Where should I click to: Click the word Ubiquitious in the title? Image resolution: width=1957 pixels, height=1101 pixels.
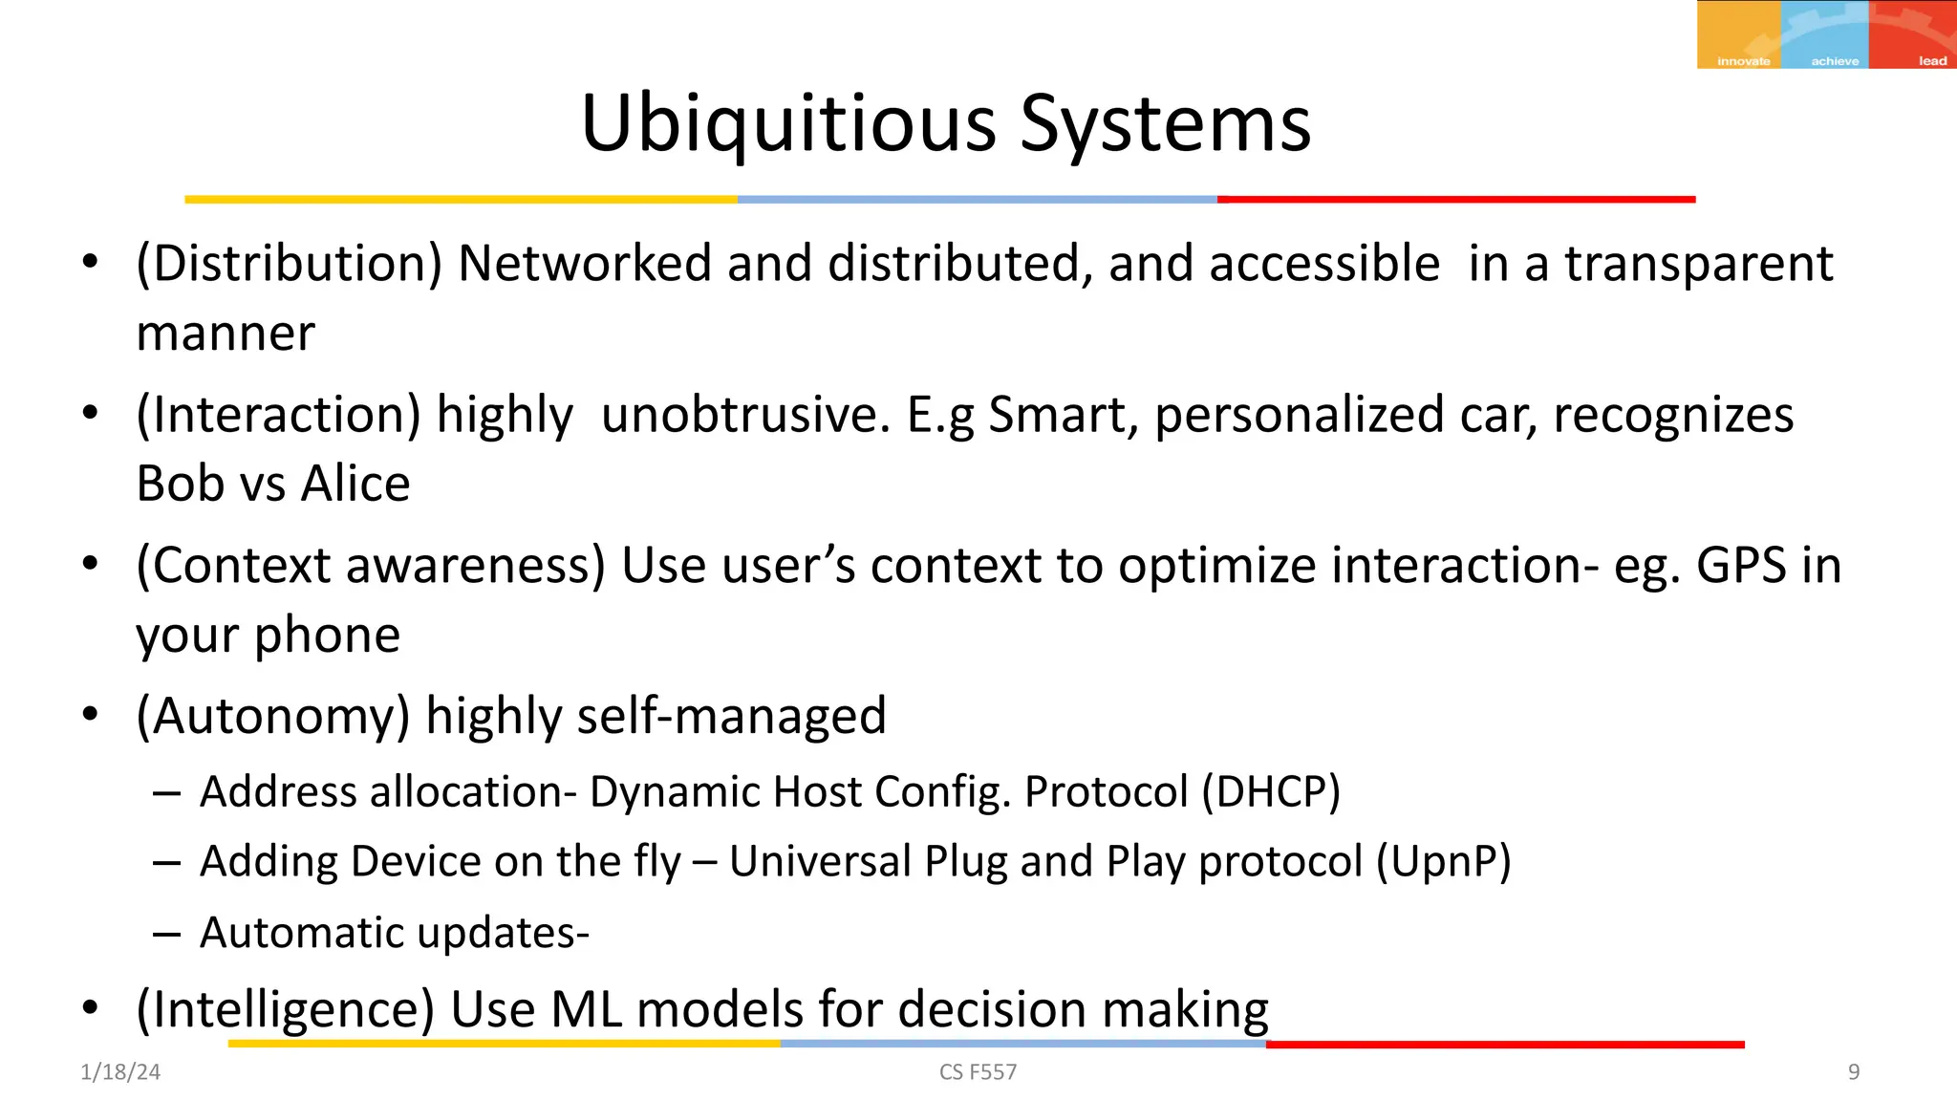tap(789, 124)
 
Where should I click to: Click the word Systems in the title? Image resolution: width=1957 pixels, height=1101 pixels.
tap(1165, 124)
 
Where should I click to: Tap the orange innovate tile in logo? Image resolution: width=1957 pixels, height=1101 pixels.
tap(1738, 34)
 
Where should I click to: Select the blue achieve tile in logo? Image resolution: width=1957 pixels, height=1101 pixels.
tap(1824, 34)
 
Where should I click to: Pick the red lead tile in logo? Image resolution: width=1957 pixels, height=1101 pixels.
tap(1913, 34)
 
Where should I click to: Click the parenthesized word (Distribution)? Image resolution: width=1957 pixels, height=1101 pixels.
tap(290, 264)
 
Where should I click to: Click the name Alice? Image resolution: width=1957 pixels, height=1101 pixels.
tap(355, 484)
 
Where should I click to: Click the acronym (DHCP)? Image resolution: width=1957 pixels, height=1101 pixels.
tap(1271, 791)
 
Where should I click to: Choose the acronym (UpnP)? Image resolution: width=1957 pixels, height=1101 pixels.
tap(1443, 861)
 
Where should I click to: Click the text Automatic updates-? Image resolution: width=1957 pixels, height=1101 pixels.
tap(394, 933)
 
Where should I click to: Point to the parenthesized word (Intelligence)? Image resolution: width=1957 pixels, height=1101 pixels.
tap(286, 1009)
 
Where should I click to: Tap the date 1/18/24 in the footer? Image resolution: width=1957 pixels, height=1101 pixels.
tap(120, 1072)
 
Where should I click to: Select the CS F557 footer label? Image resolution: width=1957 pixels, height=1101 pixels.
tap(978, 1072)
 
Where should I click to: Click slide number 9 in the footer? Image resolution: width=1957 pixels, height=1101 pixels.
tap(1854, 1072)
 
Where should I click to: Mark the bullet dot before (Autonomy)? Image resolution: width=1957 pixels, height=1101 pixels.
tap(90, 715)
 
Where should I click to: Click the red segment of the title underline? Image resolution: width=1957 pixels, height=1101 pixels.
tap(1455, 200)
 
